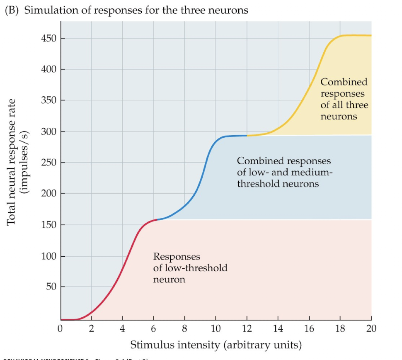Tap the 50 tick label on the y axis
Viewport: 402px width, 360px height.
click(51, 287)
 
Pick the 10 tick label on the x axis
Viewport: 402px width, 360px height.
click(216, 329)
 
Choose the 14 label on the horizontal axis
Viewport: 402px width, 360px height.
click(278, 329)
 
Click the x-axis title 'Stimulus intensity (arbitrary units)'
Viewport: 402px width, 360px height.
click(216, 345)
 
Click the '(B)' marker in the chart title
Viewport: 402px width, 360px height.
click(12, 10)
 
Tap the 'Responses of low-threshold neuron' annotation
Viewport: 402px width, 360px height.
click(190, 268)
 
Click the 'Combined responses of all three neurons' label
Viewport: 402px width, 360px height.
click(344, 99)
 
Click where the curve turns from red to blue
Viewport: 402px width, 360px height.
click(157, 219)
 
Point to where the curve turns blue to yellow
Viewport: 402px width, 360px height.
click(247, 136)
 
